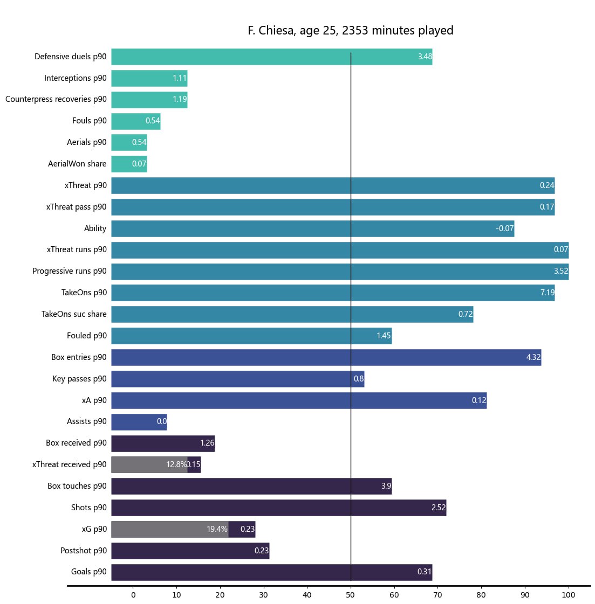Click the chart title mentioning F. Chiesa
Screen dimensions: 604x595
point(350,31)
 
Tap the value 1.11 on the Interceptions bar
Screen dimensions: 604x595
point(180,78)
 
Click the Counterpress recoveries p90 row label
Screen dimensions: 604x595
point(56,99)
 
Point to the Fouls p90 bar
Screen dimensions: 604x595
point(135,121)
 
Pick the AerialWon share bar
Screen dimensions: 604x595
point(129,164)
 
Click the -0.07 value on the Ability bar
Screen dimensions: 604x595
point(504,228)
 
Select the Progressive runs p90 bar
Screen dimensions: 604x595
point(340,271)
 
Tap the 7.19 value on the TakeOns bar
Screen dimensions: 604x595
point(547,293)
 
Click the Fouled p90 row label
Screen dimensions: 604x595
point(87,336)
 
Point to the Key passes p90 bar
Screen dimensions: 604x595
point(237,379)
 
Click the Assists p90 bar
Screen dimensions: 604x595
point(139,422)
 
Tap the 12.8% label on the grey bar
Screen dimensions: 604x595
point(176,464)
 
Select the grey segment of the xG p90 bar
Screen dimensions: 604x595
point(169,529)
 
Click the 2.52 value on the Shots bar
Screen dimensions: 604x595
point(438,508)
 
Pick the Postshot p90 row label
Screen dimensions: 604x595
point(84,551)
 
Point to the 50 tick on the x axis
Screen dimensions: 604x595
point(351,595)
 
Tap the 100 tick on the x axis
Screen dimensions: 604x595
point(568,595)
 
